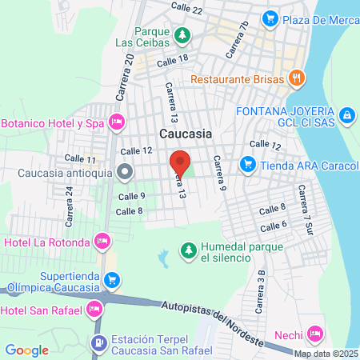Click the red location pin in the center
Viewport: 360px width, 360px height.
pyautogui.click(x=180, y=162)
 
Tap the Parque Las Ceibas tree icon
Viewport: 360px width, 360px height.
pyautogui.click(x=183, y=35)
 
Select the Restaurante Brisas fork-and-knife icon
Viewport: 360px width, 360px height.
pyautogui.click(x=297, y=78)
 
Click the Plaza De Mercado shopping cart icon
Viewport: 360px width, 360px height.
pyautogui.click(x=270, y=18)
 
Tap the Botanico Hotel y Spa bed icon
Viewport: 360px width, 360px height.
pyautogui.click(x=117, y=122)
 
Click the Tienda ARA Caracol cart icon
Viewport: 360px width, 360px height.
pyautogui.click(x=246, y=166)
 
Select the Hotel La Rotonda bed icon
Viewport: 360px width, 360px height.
pyautogui.click(x=102, y=240)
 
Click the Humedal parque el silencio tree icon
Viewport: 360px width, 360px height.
pyautogui.click(x=188, y=250)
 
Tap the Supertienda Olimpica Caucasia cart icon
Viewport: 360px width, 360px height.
pyautogui.click(x=112, y=280)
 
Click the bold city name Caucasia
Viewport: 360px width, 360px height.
pyautogui.click(x=186, y=134)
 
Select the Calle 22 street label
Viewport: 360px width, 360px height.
pyautogui.click(x=186, y=7)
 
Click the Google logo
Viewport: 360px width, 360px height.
pyautogui.click(x=26, y=350)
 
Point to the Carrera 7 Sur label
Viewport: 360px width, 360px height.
pyautogui.click(x=306, y=210)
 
